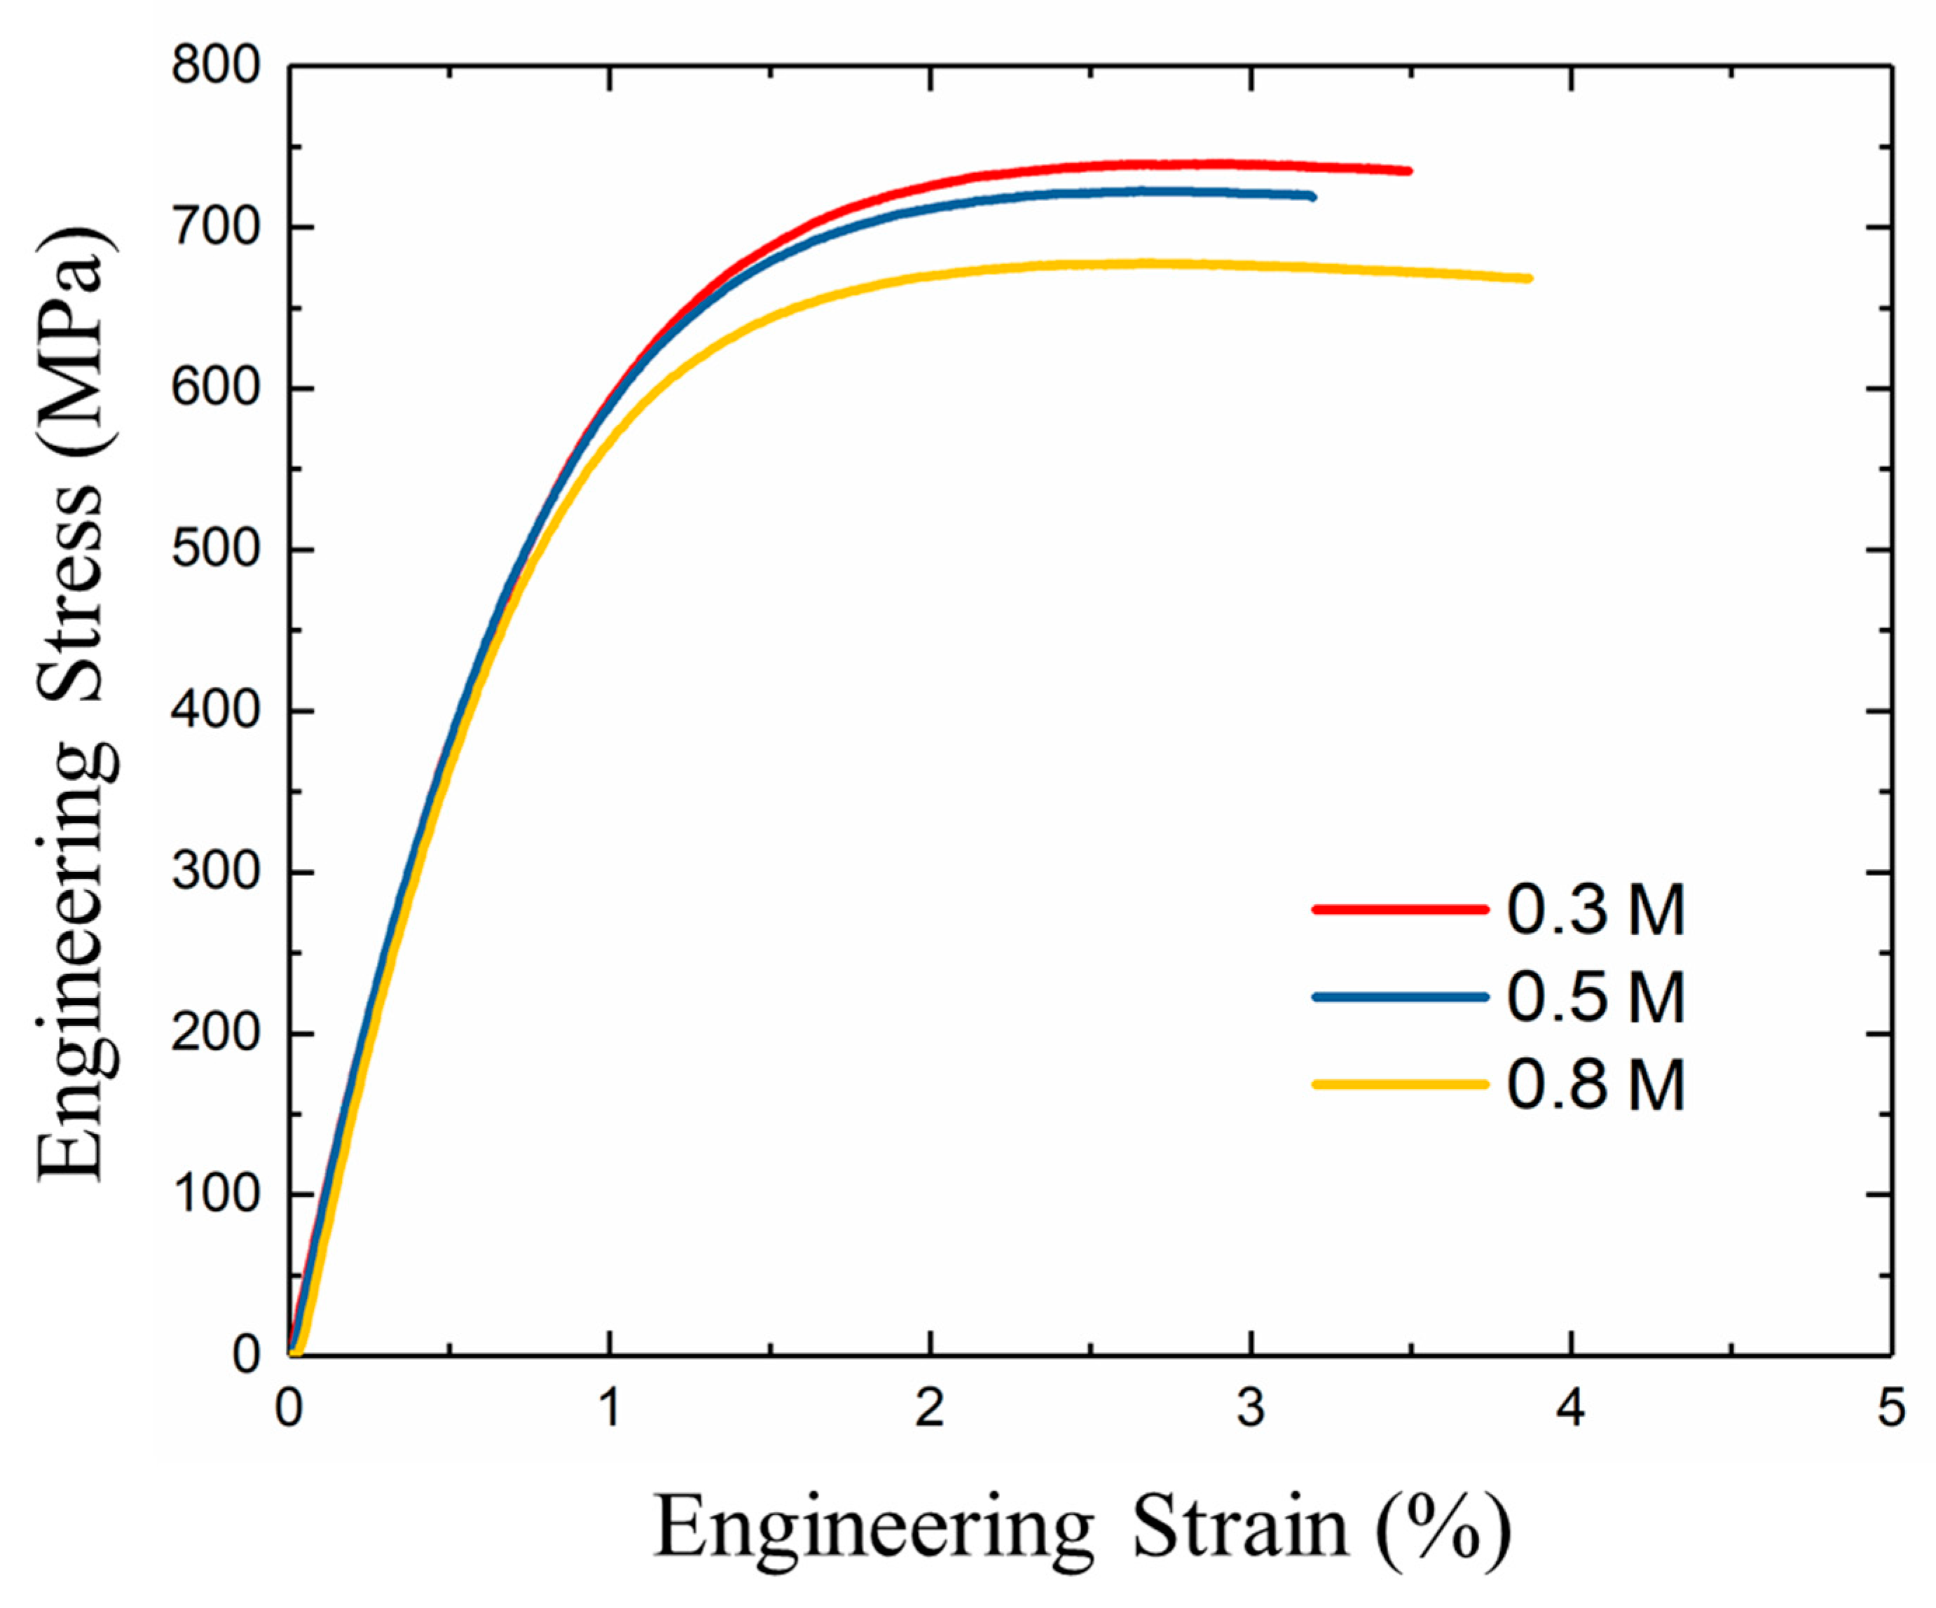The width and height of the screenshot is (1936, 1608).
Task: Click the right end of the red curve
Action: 1408,170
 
